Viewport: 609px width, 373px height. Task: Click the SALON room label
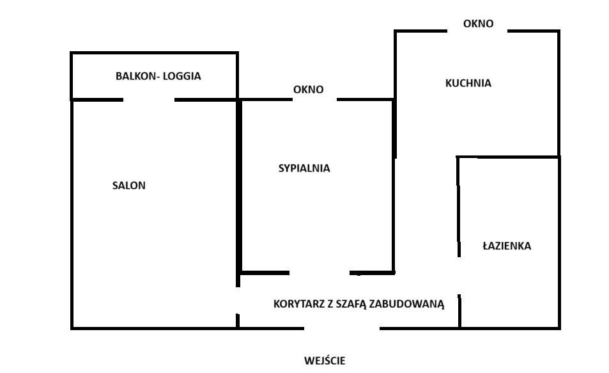pos(128,186)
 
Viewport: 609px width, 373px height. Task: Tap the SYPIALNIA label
pos(304,169)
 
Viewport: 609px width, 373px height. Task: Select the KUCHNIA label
pos(468,83)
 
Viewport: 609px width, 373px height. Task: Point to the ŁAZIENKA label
pos(506,246)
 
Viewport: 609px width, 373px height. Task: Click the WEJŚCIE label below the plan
pos(325,361)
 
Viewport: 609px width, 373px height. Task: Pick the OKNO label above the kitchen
pos(478,24)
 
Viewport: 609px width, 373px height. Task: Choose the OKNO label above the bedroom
pos(308,90)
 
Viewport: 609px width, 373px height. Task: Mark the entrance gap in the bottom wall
pos(341,328)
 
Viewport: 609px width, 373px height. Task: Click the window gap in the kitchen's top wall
pos(477,31)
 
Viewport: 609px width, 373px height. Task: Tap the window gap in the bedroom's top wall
pos(314,99)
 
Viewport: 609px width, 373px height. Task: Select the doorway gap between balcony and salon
pos(148,100)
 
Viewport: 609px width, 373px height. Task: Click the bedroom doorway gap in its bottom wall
pos(320,273)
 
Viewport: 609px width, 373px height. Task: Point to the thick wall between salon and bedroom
pos(240,186)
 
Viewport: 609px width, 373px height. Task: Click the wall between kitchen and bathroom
pos(508,157)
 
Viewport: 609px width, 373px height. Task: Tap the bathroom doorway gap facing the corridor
pos(459,276)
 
